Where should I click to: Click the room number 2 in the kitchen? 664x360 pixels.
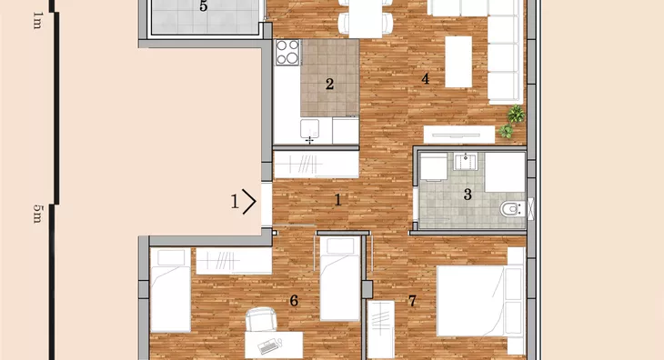pos(329,85)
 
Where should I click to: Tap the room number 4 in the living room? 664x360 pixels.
pos(425,79)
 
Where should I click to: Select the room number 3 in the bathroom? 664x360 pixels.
pos(468,195)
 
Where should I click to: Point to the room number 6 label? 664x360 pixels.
pos(294,301)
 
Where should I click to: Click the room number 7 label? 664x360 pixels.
pos(412,301)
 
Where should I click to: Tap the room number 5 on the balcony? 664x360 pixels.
pos(203,6)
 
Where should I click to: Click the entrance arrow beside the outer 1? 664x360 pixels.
pos(249,201)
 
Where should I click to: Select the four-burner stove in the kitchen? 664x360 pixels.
pos(287,53)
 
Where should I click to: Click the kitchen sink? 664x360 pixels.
pos(309,128)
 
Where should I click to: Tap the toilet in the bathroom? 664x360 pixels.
pos(512,209)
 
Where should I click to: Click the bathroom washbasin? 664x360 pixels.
pos(466,162)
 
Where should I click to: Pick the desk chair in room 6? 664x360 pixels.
pos(260,319)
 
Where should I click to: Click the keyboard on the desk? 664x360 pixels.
pos(269,347)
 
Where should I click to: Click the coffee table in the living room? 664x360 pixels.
pos(458,62)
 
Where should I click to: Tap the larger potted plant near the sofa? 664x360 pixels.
pos(516,114)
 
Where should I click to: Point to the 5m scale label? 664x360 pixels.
pos(37,214)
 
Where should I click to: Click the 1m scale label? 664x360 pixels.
pos(37,20)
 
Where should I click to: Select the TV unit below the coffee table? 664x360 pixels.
pos(459,135)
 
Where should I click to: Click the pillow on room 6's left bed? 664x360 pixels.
pos(171,257)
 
